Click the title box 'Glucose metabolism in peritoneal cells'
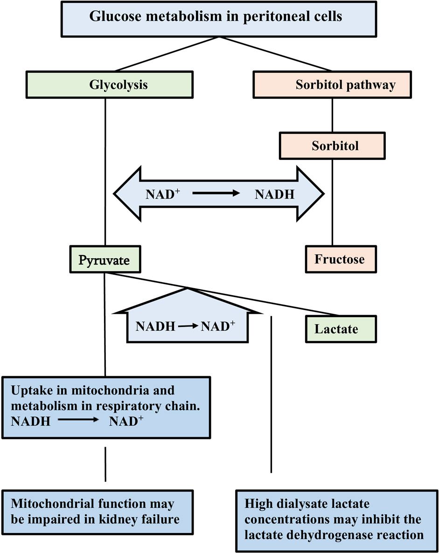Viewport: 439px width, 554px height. coord(216,18)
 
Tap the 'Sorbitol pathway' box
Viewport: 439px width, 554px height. coord(332,84)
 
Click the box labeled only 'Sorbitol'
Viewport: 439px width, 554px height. coord(332,145)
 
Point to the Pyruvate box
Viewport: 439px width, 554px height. coord(105,260)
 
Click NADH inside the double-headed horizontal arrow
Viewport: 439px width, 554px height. coord(275,194)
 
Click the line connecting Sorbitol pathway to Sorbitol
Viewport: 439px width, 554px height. coord(332,115)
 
